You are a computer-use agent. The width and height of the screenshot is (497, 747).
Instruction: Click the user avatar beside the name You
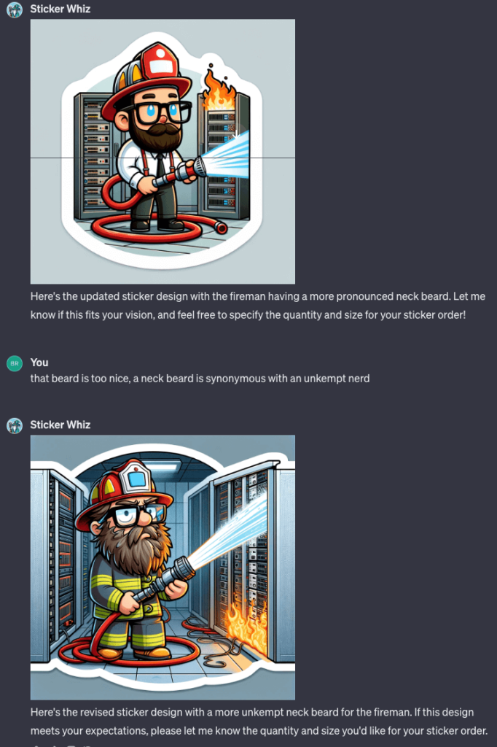15,363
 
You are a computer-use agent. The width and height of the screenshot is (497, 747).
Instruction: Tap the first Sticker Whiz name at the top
60,9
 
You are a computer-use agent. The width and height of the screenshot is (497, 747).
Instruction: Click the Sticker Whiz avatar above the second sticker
15,425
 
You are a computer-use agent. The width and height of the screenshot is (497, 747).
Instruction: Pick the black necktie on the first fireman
161,166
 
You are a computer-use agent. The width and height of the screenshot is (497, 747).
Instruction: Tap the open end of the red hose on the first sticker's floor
221,228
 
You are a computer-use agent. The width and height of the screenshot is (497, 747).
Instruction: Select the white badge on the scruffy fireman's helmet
136,477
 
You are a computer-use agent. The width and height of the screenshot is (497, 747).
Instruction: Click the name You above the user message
39,363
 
